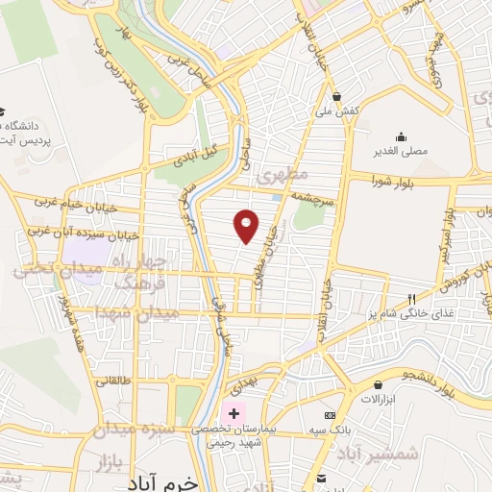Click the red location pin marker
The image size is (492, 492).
[247, 225]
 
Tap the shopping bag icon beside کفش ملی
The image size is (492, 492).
[338, 96]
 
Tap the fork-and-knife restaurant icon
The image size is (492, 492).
[411, 299]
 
